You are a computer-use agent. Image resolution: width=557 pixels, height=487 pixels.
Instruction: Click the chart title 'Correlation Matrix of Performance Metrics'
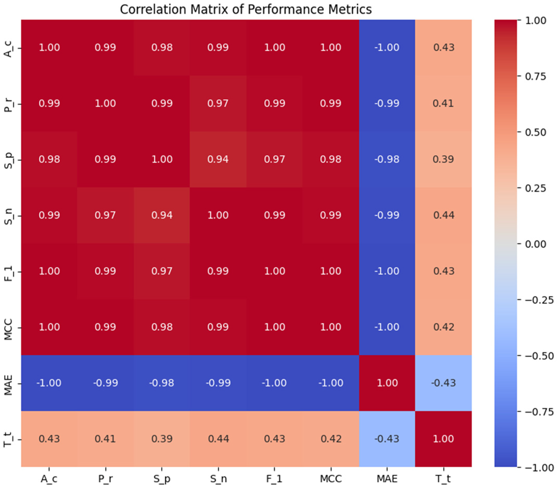(246, 9)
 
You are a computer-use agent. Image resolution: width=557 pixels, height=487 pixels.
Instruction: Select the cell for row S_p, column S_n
(218, 159)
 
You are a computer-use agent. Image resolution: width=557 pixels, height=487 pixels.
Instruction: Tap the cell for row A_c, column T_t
(443, 47)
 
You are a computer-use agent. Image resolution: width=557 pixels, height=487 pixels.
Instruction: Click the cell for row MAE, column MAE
(387, 383)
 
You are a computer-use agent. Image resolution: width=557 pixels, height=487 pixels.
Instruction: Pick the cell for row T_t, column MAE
(387, 438)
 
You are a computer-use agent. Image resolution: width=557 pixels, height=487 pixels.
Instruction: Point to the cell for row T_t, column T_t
(443, 438)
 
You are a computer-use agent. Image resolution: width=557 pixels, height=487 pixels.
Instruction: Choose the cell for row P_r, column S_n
(218, 103)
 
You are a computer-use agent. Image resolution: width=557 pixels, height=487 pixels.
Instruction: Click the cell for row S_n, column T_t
(443, 215)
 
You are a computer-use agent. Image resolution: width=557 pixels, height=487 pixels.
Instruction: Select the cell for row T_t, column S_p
(162, 438)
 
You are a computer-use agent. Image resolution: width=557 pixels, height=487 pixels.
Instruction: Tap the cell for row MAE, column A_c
(49, 383)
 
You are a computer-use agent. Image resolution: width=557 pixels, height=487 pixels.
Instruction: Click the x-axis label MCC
(331, 479)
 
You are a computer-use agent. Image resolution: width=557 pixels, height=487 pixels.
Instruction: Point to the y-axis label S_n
(9, 216)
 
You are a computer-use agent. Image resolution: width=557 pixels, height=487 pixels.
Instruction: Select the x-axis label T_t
(443, 479)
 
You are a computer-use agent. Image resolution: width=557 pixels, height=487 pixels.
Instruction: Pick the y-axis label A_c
(9, 49)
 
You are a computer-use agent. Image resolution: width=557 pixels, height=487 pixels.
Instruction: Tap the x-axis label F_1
(274, 479)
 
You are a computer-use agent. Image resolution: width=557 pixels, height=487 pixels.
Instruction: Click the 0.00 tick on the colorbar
(536, 244)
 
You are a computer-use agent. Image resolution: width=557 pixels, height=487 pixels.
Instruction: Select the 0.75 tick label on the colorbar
(536, 76)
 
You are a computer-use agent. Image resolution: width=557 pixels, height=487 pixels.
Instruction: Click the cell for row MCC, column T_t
(443, 327)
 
